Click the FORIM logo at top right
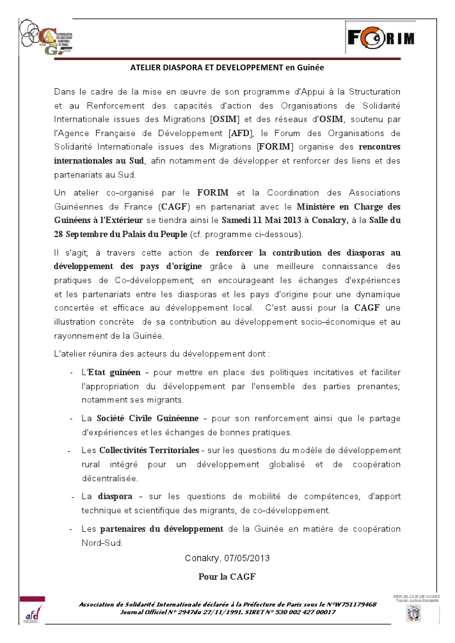pyautogui.click(x=381, y=38)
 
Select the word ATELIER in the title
pyautogui.click(x=147, y=66)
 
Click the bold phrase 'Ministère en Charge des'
pyautogui.click(x=349, y=206)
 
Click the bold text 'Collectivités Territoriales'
pyautogui.click(x=150, y=450)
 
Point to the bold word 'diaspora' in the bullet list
pyautogui.click(x=115, y=496)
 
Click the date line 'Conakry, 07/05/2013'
pyautogui.click(x=227, y=558)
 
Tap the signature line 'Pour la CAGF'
pyautogui.click(x=227, y=577)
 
